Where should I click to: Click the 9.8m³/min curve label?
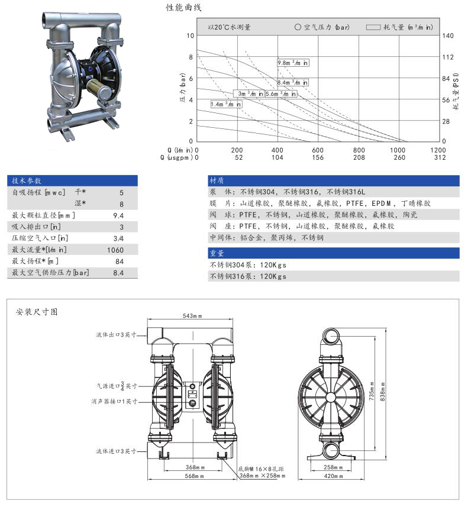tap(293, 62)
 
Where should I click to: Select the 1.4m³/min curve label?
tap(226, 104)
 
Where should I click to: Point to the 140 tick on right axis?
tap(449, 35)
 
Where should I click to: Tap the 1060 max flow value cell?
tap(116, 250)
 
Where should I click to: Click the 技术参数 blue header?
tap(27, 180)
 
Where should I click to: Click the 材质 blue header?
tap(217, 180)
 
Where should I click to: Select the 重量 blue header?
tap(217, 253)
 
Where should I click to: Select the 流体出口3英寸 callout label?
tap(117, 334)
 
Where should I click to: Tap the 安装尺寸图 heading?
tap(37, 311)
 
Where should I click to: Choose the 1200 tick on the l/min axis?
tap(438, 150)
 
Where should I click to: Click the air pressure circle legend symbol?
tap(298, 27)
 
